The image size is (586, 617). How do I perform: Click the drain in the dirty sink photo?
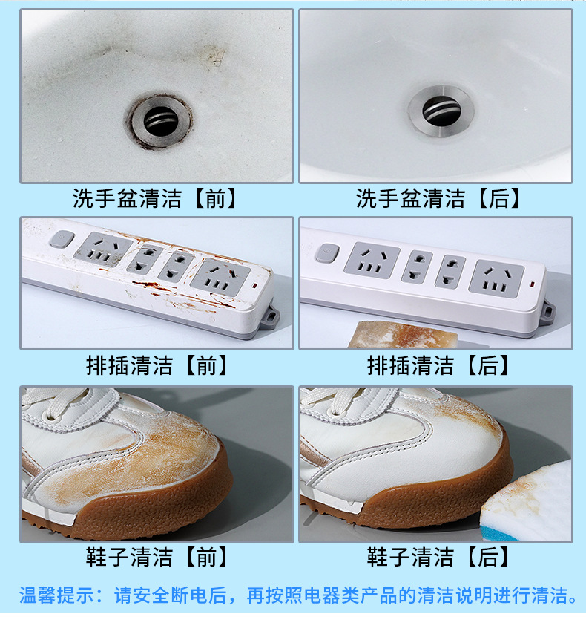[x=161, y=119]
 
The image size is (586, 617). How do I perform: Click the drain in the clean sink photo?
[x=441, y=111]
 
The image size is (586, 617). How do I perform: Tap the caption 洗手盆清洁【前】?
[x=155, y=198]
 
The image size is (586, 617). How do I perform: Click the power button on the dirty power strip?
[x=62, y=239]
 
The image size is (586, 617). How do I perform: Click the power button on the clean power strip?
[x=326, y=253]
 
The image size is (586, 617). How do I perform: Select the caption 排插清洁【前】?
[x=157, y=365]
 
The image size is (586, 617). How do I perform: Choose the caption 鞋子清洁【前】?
[x=157, y=556]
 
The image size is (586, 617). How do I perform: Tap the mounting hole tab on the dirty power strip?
[x=270, y=316]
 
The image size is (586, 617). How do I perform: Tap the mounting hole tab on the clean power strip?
[x=547, y=310]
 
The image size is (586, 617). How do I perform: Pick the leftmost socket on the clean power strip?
[x=372, y=261]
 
